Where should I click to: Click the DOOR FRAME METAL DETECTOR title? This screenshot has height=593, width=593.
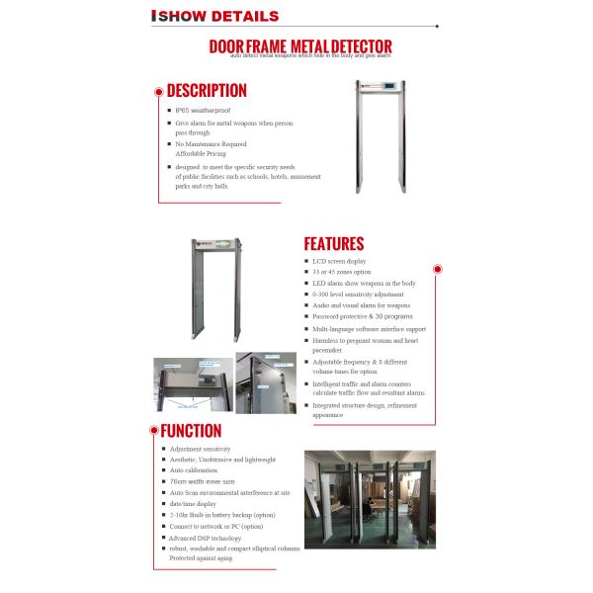pyautogui.click(x=300, y=46)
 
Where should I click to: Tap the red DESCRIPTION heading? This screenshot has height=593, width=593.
pyautogui.click(x=207, y=91)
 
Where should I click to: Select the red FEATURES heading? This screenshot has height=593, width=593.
pyautogui.click(x=333, y=244)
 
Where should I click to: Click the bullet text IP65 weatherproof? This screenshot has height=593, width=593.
pyautogui.click(x=204, y=110)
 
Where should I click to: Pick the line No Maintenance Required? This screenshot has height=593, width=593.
pyautogui.click(x=211, y=143)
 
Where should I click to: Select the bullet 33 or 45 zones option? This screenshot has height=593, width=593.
pyautogui.click(x=342, y=272)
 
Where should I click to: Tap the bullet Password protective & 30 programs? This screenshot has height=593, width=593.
pyautogui.click(x=362, y=316)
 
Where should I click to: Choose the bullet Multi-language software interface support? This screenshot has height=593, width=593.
pyautogui.click(x=369, y=328)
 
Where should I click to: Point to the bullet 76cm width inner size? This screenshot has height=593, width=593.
pyautogui.click(x=204, y=481)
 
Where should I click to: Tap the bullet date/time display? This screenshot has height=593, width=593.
pyautogui.click(x=195, y=503)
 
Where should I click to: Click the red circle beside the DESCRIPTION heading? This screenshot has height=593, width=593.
pyautogui.click(x=158, y=91)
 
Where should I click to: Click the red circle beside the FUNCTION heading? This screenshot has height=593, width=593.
pyautogui.click(x=152, y=430)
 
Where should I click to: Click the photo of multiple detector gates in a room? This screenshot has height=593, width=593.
pyautogui.click(x=363, y=499)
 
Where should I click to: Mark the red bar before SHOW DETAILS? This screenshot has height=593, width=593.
pyautogui.click(x=152, y=17)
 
